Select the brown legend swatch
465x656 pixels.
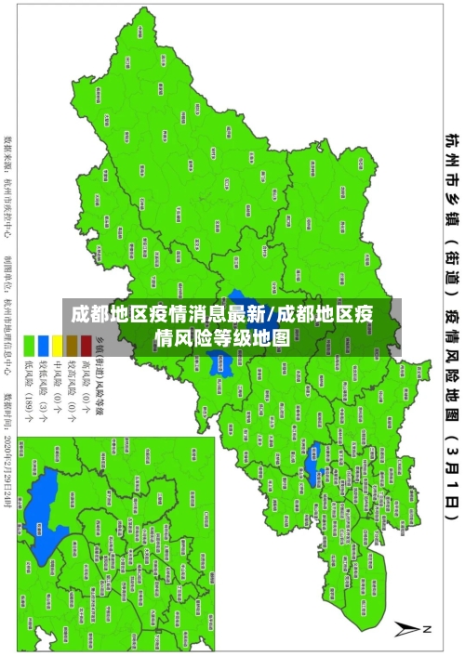coord(71,347)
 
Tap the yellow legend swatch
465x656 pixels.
coord(57,347)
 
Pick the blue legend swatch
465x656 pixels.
coord(43,347)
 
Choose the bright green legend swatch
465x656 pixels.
coord(29,347)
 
